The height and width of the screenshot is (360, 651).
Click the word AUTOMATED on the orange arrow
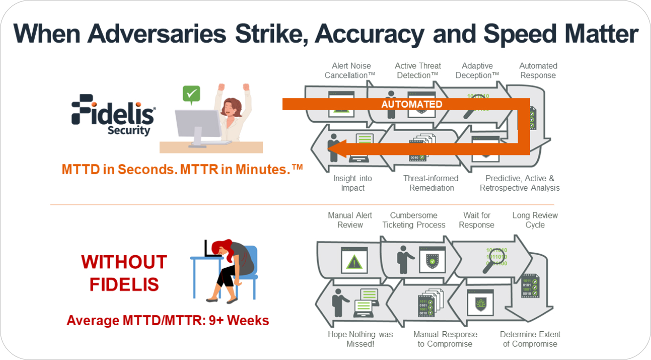click(x=412, y=104)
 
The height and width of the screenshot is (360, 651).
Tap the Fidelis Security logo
click(x=114, y=115)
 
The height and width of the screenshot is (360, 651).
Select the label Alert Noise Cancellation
click(x=350, y=71)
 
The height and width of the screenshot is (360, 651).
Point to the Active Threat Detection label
click(x=418, y=71)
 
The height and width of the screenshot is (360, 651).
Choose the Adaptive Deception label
click(x=477, y=71)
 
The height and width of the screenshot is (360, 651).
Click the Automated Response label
click(x=538, y=71)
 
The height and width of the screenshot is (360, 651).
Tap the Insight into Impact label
click(x=352, y=183)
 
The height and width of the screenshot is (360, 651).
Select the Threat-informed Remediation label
click(x=431, y=183)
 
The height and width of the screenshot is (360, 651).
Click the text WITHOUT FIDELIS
click(x=124, y=273)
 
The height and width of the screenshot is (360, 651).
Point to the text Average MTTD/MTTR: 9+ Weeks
click(x=168, y=320)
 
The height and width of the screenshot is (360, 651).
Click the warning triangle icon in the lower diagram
click(x=354, y=262)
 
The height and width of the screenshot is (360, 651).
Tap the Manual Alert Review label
click(x=350, y=220)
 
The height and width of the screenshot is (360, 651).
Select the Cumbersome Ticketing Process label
click(x=413, y=220)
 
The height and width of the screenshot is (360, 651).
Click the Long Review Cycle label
click(x=535, y=220)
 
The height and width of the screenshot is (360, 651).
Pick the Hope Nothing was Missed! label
click(x=360, y=339)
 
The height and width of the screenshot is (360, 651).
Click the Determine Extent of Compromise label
click(x=530, y=339)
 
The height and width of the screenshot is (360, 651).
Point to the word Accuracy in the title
click(x=369, y=35)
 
